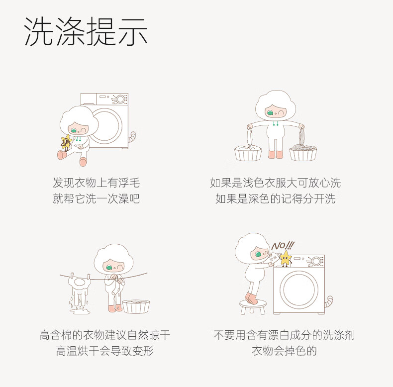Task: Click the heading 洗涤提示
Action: [x=86, y=31]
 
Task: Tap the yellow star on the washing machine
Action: [x=286, y=258]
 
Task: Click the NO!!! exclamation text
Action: [x=283, y=246]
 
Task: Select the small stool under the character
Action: [x=253, y=307]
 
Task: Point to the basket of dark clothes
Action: [x=303, y=152]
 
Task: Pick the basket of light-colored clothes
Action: [x=248, y=153]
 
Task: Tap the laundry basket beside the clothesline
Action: [x=136, y=306]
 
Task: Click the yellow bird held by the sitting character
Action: [x=67, y=142]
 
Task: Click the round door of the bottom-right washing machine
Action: [x=299, y=288]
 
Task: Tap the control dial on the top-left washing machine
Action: [x=120, y=99]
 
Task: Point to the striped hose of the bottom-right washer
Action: [x=329, y=301]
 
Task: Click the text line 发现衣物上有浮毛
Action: [x=96, y=183]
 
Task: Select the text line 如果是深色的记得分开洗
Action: [x=276, y=199]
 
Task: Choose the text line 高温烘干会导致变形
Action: [x=105, y=351]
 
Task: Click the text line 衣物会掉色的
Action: [x=284, y=351]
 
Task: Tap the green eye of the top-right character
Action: [x=270, y=113]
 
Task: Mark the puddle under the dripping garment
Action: [x=79, y=311]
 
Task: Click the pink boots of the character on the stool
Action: [x=251, y=298]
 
